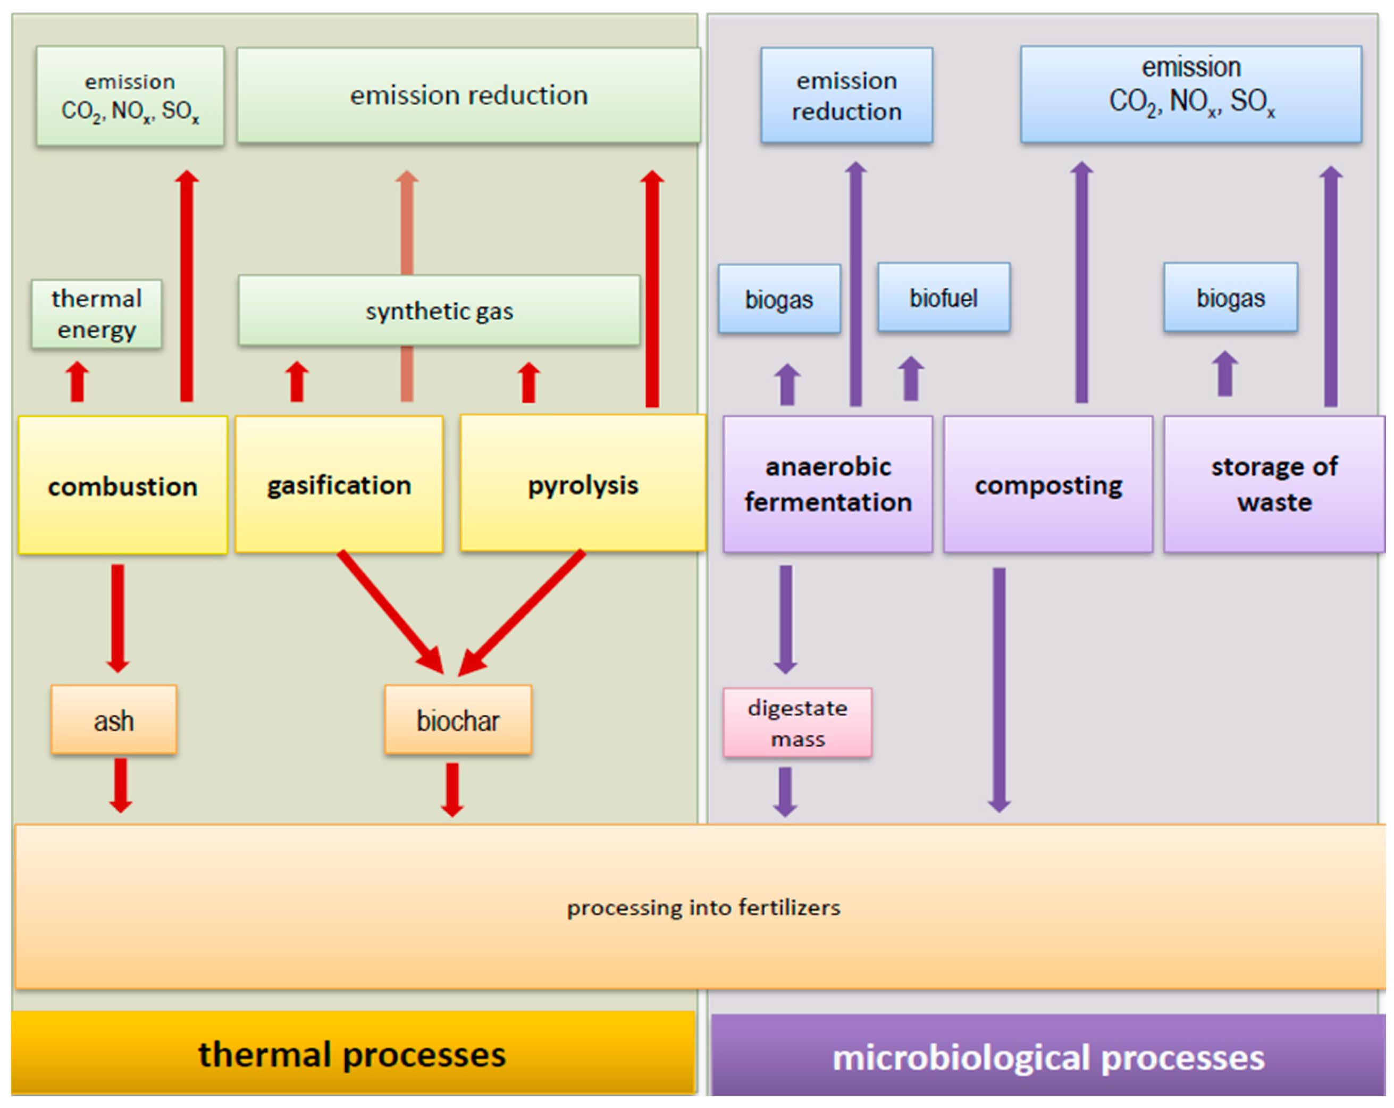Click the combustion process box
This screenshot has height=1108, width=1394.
[123, 485]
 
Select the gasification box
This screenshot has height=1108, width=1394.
[339, 484]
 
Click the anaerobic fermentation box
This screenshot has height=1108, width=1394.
[828, 484]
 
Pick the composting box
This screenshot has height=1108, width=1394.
[1047, 484]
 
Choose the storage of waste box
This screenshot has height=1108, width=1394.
[1274, 484]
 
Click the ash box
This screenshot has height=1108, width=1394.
[114, 719]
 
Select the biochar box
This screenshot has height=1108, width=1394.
[458, 719]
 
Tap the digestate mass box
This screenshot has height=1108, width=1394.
[797, 722]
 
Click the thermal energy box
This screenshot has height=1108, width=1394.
[96, 314]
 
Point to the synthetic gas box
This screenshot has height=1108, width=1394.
[439, 310]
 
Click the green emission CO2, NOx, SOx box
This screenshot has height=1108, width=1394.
[130, 96]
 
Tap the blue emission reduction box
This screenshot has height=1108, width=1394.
[846, 95]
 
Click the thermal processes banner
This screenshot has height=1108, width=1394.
[353, 1054]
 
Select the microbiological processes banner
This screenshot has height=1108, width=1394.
[1047, 1056]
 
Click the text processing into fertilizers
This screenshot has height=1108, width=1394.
[703, 907]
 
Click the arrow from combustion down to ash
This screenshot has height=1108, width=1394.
[117, 614]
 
